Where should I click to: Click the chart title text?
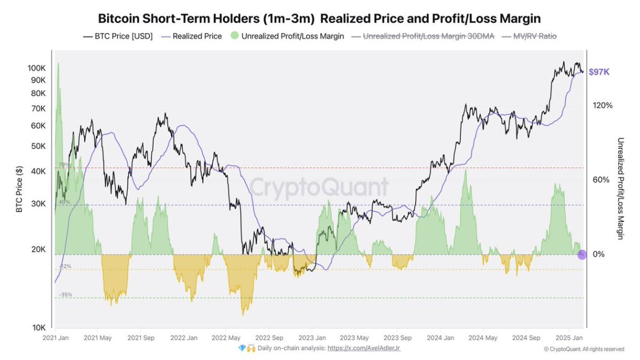pyautogui.click(x=319, y=19)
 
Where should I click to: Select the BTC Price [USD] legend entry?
pyautogui.click(x=118, y=37)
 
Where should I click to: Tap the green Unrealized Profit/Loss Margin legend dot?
pyautogui.click(x=234, y=37)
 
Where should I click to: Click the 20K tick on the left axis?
pyautogui.click(x=38, y=249)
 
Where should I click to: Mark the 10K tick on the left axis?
pyautogui.click(x=38, y=327)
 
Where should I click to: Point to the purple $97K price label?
pyautogui.click(x=599, y=72)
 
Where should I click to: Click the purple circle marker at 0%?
pyautogui.click(x=582, y=254)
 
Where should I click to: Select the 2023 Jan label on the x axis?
pyautogui.click(x=312, y=338)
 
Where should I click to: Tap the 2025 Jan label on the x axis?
pyautogui.click(x=569, y=338)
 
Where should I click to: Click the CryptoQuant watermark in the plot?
pyautogui.click(x=319, y=187)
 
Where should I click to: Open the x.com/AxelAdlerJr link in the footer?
pyautogui.click(x=364, y=349)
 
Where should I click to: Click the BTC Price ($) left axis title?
pyautogui.click(x=19, y=189)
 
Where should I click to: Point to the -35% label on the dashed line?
pyautogui.click(x=65, y=294)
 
